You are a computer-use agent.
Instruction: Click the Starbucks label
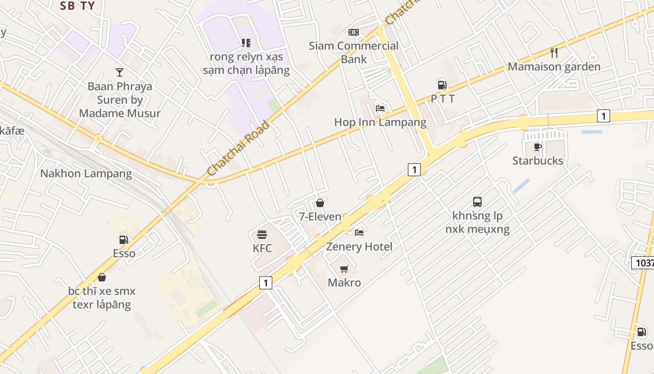538,161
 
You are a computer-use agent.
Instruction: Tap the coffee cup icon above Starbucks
538,147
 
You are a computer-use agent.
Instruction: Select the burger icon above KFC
262,234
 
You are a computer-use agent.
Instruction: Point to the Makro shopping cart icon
344,269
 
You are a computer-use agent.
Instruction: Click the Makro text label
344,282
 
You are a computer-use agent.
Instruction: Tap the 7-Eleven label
320,216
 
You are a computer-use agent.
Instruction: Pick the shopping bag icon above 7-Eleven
320,203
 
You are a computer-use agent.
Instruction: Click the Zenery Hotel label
359,246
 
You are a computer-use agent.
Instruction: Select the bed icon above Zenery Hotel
359,232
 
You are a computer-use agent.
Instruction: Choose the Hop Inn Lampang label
380,122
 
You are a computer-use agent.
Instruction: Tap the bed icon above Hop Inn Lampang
380,108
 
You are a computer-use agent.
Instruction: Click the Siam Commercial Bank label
354,52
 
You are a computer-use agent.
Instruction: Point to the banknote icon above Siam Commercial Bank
354,32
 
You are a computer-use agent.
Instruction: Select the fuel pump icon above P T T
442,85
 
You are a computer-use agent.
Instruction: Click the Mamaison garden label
554,66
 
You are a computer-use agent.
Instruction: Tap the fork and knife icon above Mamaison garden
554,52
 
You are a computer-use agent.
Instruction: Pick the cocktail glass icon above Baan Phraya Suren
120,72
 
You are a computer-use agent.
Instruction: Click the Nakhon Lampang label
86,174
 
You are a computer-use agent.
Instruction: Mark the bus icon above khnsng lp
477,202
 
